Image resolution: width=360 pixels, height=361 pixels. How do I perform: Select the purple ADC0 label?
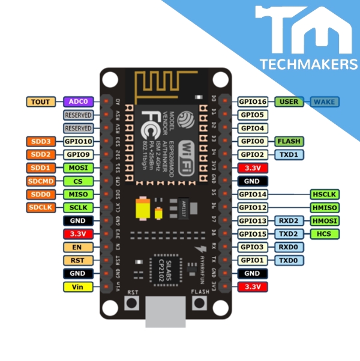point(78,102)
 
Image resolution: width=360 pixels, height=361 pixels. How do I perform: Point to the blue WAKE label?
point(325,102)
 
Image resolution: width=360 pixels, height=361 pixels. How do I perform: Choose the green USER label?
point(289,102)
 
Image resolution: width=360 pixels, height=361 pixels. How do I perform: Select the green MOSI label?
point(78,168)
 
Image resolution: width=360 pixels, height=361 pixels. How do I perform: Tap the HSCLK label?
point(325,194)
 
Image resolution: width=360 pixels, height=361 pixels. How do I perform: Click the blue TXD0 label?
point(289,260)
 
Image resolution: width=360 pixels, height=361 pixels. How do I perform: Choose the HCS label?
point(325,234)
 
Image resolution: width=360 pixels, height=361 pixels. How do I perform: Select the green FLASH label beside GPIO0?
point(289,141)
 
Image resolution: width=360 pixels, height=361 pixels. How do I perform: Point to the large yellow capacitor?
point(144,209)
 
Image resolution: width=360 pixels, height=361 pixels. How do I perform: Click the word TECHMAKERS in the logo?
point(308,64)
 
